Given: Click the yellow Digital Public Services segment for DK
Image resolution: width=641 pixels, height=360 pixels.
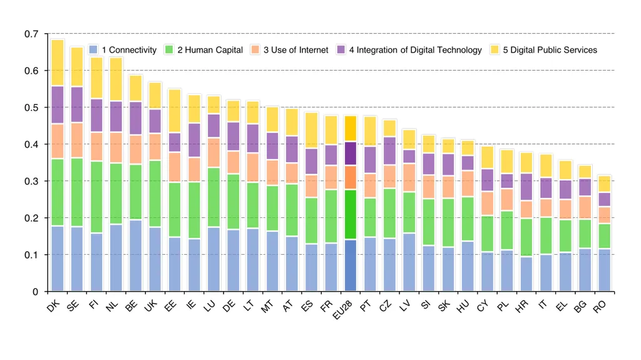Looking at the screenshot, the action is [x=58, y=63].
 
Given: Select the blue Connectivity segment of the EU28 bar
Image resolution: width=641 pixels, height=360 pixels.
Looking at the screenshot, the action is [x=351, y=265].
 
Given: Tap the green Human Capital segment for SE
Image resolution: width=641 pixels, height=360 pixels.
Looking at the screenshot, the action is [x=77, y=192].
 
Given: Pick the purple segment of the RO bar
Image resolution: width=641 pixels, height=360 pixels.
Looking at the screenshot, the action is [x=604, y=200].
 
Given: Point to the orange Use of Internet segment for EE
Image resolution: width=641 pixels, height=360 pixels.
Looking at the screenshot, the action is [x=175, y=167].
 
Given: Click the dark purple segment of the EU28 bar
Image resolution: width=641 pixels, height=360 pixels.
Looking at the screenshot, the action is [x=351, y=153].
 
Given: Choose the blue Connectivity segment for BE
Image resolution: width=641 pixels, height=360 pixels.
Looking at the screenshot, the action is [x=136, y=255].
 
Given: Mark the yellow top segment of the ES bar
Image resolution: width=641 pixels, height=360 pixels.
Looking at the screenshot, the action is [x=312, y=130].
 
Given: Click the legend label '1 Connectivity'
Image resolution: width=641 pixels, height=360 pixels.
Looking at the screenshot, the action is [x=129, y=50].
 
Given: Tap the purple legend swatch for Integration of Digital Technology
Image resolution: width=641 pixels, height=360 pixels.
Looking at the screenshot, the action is [x=341, y=49].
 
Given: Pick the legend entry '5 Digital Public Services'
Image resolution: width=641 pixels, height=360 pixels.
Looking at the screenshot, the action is [x=544, y=50].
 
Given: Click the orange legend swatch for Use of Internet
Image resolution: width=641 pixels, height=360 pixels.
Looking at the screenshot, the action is [x=255, y=49].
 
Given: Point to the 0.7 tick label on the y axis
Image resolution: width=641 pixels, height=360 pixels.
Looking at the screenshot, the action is [x=31, y=34].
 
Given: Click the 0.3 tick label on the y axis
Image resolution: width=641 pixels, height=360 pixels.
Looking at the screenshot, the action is [x=31, y=181].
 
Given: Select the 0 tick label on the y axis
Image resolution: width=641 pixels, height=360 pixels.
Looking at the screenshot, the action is [x=35, y=292].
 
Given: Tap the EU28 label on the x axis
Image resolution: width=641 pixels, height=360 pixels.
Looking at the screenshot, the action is [x=342, y=310].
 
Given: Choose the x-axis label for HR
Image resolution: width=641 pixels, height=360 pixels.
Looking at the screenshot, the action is [x=521, y=307].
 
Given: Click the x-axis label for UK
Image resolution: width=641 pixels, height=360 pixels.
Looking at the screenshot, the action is [x=151, y=306].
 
